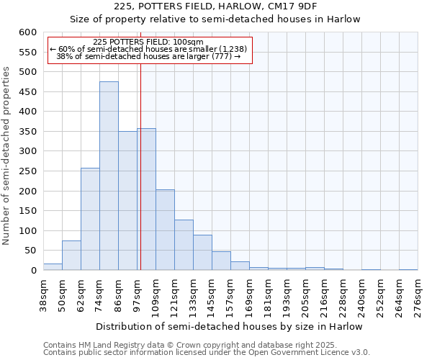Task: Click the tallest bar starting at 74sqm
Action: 109,176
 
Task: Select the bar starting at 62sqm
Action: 90,220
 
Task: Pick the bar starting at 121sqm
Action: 184,246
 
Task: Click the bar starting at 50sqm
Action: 71,256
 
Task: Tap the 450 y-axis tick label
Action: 27,92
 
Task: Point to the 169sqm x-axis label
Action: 249,295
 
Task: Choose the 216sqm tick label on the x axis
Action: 324,295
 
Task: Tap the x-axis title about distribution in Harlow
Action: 229,326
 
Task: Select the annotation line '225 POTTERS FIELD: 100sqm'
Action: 149,42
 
